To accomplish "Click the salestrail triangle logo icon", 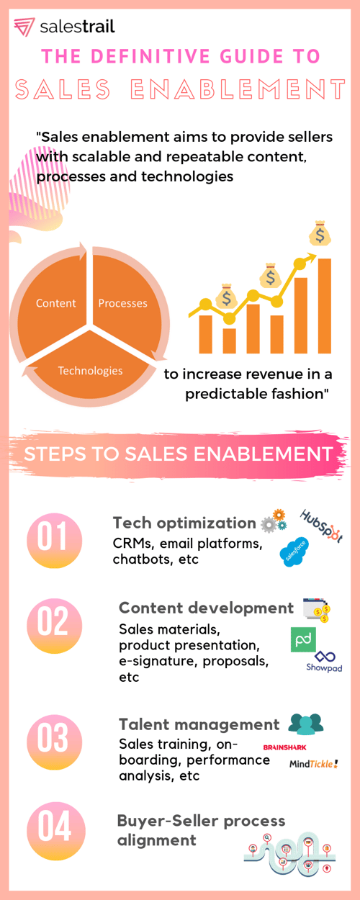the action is pos(24,27).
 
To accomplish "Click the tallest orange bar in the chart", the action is pos(325,306).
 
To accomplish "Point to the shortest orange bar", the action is pos(229,341).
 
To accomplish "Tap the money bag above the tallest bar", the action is pos(320,233).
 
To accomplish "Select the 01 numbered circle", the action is pos(54,541).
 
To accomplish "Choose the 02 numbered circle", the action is pos(54,626).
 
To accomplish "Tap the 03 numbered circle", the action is pos(54,742).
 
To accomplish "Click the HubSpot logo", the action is pos(322,526).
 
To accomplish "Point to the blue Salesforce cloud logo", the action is pos(294,552).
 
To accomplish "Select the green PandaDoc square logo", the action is pos(303,639).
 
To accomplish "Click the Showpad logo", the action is pos(324,662).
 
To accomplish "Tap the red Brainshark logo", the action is pos(284,747).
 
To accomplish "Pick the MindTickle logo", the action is pos(314,763).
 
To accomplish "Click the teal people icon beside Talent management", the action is pos(306,724).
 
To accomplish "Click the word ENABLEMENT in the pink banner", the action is pos(264,454).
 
